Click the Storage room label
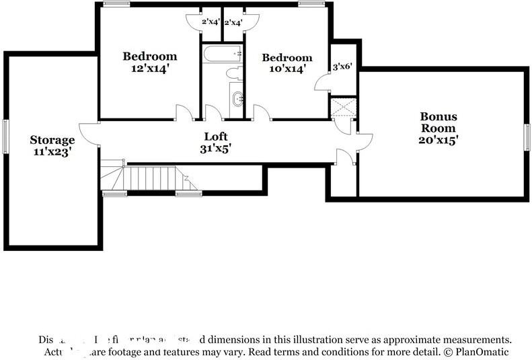52,140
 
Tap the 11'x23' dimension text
52,152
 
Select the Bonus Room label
439,122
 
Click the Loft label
215,137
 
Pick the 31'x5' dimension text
215,149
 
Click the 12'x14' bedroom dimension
149,68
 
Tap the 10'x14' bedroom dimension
287,69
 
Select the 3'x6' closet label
343,67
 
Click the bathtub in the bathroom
222,53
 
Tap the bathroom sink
237,99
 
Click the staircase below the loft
151,179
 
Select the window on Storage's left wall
5,137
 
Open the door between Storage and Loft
89,133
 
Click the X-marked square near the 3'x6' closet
344,107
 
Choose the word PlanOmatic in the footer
482,352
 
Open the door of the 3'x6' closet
323,83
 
